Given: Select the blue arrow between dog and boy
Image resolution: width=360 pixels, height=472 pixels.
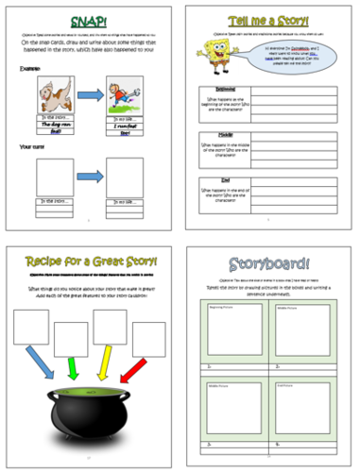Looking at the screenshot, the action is click(x=90, y=94).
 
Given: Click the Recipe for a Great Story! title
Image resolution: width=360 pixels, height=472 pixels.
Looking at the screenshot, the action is click(x=88, y=261).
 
